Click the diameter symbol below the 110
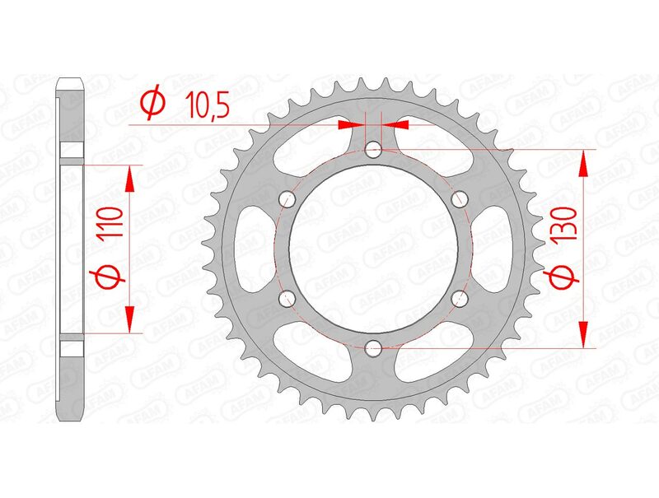pyautogui.click(x=113, y=277)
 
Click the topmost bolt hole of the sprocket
pyautogui.click(x=373, y=149)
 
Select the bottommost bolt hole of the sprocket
pyautogui.click(x=373, y=347)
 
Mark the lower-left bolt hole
pyautogui.click(x=287, y=297)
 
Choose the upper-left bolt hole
pyautogui.click(x=287, y=198)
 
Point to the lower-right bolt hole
pyautogui.click(x=459, y=297)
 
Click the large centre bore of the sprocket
pyautogui.click(x=373, y=248)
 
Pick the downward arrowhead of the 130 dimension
pyautogui.click(x=584, y=333)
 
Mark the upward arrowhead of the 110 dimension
pyautogui.click(x=129, y=177)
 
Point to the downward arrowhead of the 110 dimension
pyautogui.click(x=129, y=317)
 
